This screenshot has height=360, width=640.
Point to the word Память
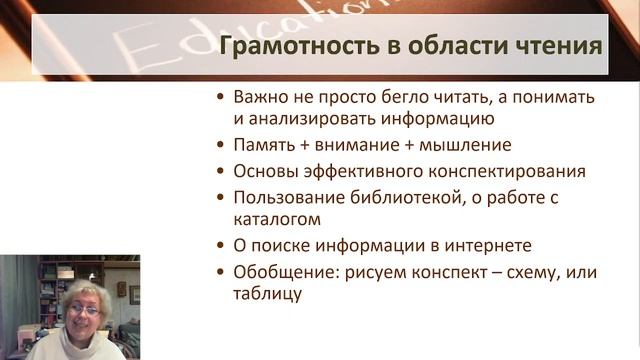[262, 145]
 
